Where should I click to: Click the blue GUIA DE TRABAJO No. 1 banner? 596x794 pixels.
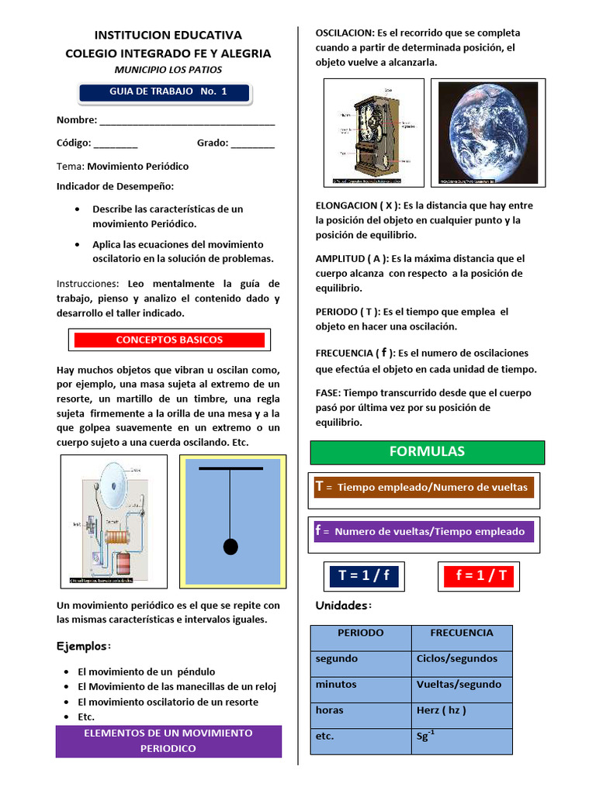click(164, 92)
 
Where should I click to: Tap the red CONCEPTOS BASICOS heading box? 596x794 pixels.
click(168, 340)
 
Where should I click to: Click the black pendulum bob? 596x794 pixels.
click(230, 547)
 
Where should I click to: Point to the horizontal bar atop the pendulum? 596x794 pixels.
click(230, 469)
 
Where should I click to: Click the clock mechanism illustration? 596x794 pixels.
click(373, 133)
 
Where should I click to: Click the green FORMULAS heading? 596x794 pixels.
click(427, 451)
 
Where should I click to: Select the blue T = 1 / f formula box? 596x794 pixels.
click(364, 575)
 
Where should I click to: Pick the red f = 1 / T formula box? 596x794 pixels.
click(480, 575)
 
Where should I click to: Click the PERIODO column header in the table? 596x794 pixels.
click(360, 633)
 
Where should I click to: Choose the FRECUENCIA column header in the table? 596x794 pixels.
click(462, 633)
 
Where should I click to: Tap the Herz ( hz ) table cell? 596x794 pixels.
click(462, 710)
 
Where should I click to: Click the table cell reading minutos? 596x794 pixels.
click(360, 685)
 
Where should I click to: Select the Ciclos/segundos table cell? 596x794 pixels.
click(462, 659)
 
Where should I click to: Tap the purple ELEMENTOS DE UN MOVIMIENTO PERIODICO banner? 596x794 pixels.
click(168, 740)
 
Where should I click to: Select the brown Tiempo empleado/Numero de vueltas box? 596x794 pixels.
click(421, 487)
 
